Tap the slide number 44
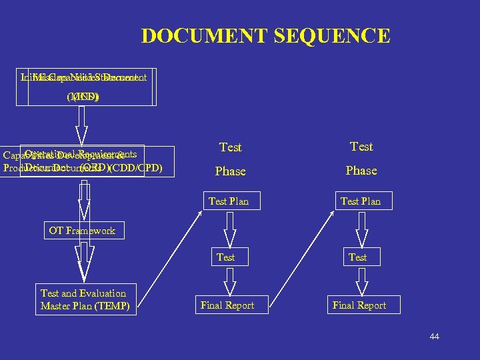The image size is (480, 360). pos(434,337)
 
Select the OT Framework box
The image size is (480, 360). pos(82,231)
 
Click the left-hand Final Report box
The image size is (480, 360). pos(227,305)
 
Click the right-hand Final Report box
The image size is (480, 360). pos(359,305)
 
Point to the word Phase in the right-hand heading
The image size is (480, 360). pos(361,171)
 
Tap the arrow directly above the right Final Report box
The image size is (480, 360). pos(359,281)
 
